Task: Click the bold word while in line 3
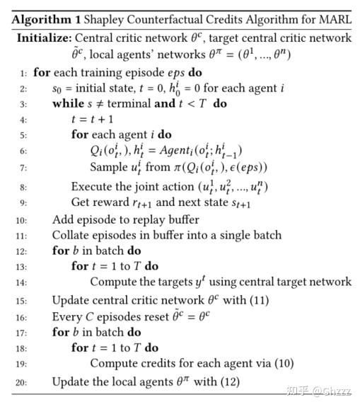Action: tap(68, 103)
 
